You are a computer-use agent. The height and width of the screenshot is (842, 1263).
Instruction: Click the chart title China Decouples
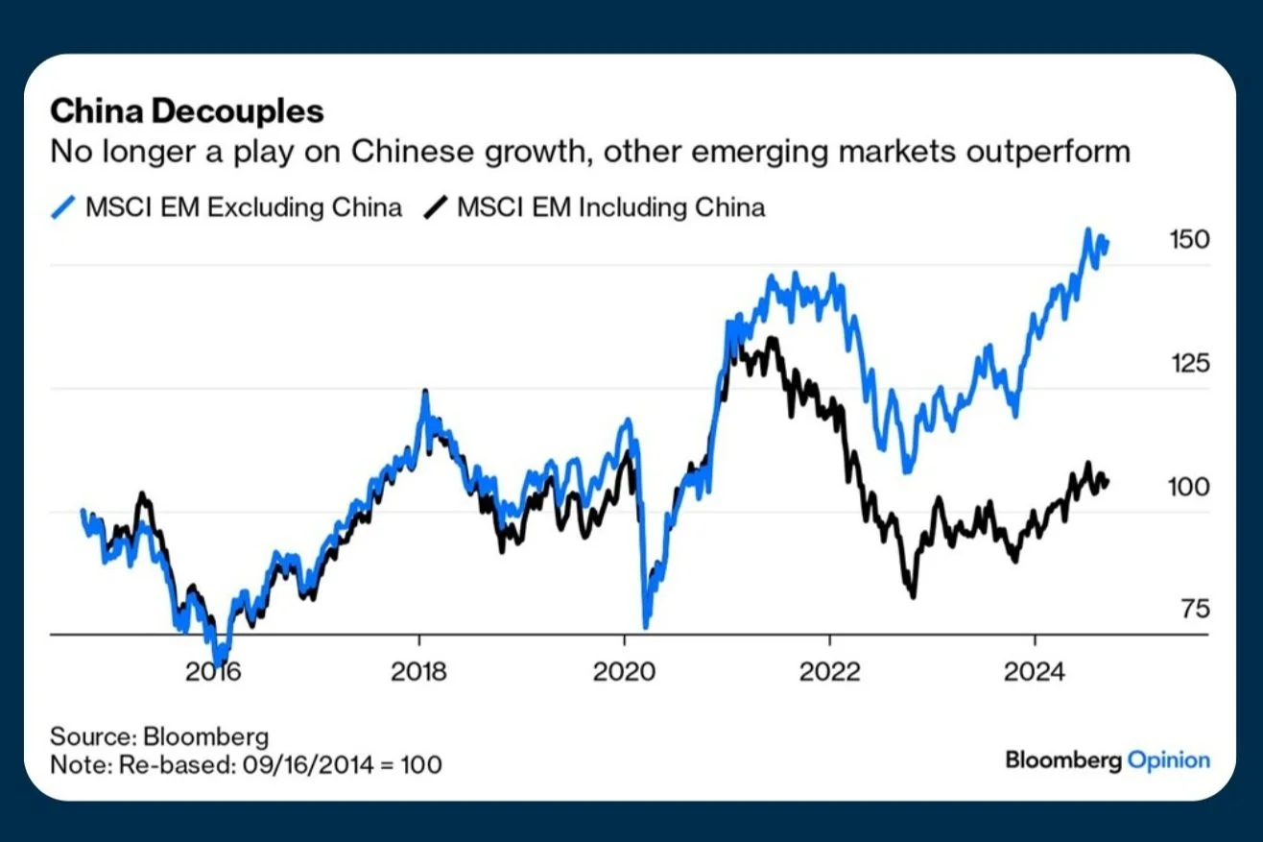[186, 111]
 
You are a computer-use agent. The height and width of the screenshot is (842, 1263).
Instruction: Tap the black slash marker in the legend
[437, 207]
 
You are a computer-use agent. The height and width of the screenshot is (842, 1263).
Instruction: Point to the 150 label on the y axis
[1189, 240]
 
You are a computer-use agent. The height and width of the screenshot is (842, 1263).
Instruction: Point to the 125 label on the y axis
[1189, 364]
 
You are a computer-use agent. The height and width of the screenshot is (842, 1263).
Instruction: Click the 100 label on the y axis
[1189, 487]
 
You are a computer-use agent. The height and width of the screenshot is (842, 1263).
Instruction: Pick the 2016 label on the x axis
[214, 671]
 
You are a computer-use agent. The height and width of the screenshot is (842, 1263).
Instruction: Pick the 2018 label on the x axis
[419, 671]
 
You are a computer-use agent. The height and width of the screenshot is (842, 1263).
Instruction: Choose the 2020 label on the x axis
[624, 671]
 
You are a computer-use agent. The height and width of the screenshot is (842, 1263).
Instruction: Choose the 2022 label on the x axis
[829, 671]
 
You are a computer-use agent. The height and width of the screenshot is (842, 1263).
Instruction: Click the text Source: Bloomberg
[159, 737]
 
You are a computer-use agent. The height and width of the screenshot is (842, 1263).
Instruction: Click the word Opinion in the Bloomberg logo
[1168, 760]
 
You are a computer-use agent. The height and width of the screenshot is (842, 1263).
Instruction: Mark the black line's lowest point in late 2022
[912, 596]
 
